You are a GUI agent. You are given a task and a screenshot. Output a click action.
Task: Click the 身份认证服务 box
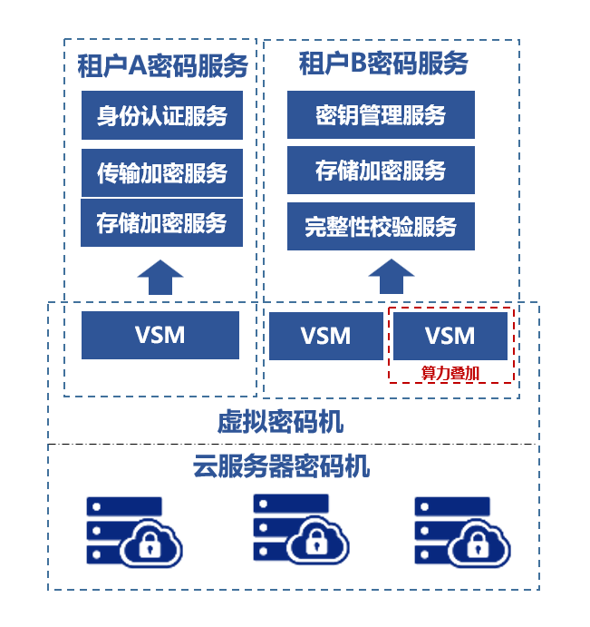pyautogui.click(x=161, y=115)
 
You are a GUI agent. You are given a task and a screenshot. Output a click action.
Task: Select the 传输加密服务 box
pyautogui.click(x=161, y=172)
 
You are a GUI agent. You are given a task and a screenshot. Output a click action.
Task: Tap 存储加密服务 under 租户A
pyautogui.click(x=161, y=222)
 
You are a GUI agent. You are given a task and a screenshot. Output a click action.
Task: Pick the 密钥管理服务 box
pyautogui.click(x=381, y=115)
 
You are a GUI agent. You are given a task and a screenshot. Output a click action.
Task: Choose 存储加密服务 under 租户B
pyautogui.click(x=381, y=171)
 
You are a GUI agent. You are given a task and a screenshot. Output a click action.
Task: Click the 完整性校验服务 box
pyautogui.click(x=381, y=227)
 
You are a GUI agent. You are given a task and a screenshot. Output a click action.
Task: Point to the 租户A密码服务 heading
pyautogui.click(x=162, y=65)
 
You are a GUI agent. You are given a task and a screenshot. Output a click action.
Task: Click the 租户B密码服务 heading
pyautogui.click(x=383, y=64)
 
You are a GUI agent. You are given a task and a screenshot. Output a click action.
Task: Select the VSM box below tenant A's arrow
pyautogui.click(x=160, y=335)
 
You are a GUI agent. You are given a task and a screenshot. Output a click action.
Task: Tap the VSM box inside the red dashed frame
pyautogui.click(x=450, y=336)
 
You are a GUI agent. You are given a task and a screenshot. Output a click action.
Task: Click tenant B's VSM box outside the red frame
pyautogui.click(x=325, y=336)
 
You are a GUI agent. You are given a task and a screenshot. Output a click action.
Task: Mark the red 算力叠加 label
pyautogui.click(x=450, y=371)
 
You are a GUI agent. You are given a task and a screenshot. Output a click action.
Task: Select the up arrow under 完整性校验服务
pyautogui.click(x=392, y=276)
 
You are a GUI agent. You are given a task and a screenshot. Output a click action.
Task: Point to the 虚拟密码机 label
pyautogui.click(x=280, y=422)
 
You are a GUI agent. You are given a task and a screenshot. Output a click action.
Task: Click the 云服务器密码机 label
pyautogui.click(x=281, y=467)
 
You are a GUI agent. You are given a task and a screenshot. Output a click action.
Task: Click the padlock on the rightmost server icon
pyautogui.click(x=477, y=545)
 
